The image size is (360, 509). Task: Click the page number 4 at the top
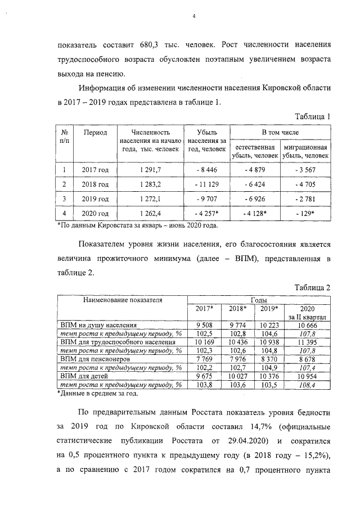pos(193,16)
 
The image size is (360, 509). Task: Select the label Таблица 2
pos(312,287)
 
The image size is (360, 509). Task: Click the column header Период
pos(95,133)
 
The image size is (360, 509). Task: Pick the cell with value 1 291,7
pos(150,169)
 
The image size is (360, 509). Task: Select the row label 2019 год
pos(95,199)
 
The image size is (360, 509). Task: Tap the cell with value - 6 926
pos(255,199)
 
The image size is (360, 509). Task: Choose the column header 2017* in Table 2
pos(204,309)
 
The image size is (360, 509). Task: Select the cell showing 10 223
pos(269,325)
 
